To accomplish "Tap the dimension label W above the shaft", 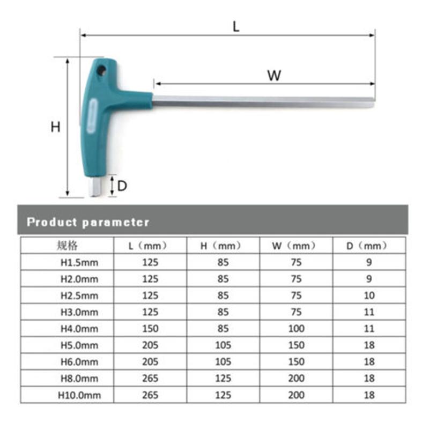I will pos(274,75).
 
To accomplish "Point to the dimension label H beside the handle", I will pos(55,127).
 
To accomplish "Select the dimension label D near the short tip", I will pos(122,186).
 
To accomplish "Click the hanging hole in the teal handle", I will pos(101,70).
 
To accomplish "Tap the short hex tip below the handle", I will pos(95,188).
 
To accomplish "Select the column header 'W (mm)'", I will pos(295,246).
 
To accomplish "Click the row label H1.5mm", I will pos(78,263).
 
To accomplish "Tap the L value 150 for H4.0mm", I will pos(150,329).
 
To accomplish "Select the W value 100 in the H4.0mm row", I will pos(295,329).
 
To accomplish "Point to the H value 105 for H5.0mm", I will pos(223,345).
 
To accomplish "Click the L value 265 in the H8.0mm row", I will pos(150,379).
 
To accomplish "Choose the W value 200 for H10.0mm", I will pos(295,395).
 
